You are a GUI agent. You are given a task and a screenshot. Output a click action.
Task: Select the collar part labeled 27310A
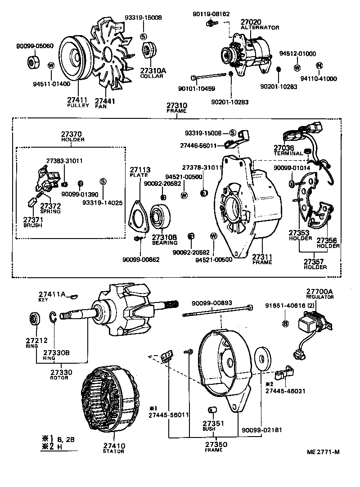tap(148, 50)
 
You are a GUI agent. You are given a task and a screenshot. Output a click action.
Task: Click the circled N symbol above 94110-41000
tap(319, 66)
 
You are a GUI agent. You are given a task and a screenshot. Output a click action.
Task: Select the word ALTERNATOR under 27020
tap(260, 27)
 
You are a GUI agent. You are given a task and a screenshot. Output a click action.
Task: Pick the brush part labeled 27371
tap(32, 202)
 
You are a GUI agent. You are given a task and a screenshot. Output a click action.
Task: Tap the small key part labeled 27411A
tap(75, 296)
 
